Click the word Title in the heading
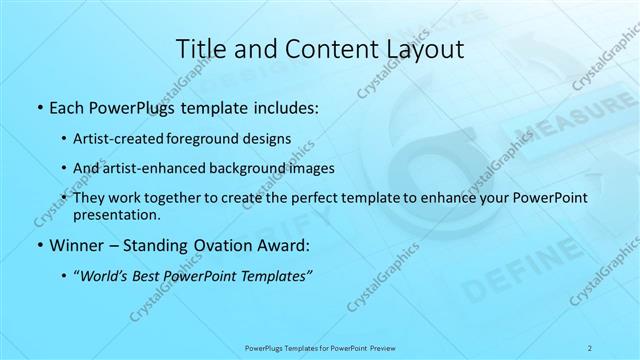click(199, 47)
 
